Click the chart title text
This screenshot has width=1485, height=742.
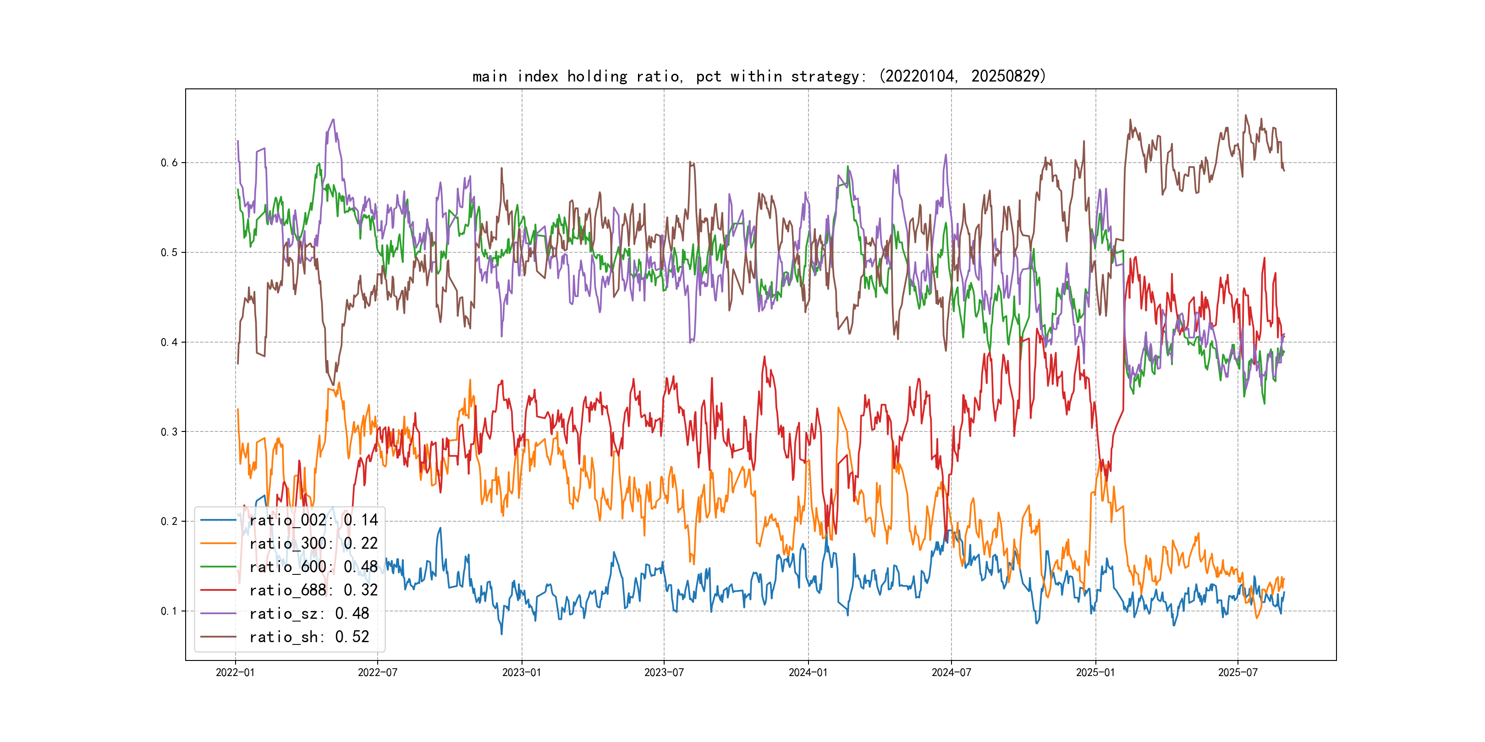point(759,76)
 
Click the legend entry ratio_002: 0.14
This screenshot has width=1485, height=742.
point(313,520)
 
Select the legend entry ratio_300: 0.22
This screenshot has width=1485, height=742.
point(313,543)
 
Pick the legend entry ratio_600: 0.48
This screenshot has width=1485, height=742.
point(313,567)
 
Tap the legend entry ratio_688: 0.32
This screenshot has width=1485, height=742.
point(313,590)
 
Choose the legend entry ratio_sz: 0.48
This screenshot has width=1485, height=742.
point(309,614)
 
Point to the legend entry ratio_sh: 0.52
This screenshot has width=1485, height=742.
point(309,637)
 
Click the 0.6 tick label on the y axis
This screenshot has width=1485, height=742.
point(169,163)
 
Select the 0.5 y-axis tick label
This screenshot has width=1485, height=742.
point(169,252)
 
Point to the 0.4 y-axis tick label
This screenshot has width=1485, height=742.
point(169,342)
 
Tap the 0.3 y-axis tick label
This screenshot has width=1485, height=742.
point(169,431)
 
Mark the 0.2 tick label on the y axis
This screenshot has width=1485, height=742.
point(169,521)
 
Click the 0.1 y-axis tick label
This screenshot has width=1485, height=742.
point(169,611)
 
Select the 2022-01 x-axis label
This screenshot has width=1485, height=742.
point(235,672)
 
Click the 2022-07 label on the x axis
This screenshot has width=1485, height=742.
point(378,672)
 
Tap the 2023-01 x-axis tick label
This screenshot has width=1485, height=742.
point(522,672)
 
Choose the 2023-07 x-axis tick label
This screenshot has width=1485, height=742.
point(664,672)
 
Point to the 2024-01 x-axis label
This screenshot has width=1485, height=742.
point(808,672)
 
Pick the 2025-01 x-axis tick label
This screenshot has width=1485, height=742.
point(1096,672)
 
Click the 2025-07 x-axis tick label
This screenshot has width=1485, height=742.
point(1237,672)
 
